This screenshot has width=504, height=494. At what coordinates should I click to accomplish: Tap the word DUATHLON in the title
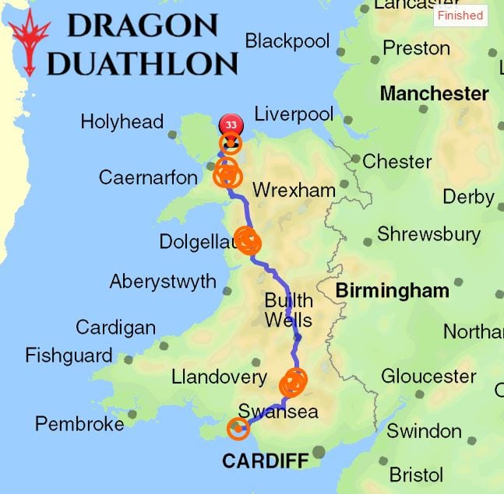point(142,63)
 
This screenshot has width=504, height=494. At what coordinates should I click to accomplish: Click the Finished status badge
point(460,16)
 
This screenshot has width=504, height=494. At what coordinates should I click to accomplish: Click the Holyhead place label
point(122,122)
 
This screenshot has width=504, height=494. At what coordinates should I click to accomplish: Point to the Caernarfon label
point(148,178)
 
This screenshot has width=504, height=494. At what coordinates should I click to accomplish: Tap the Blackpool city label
point(287,41)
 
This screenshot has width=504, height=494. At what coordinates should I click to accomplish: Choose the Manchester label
point(434,94)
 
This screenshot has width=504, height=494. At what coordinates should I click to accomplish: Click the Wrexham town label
point(294,191)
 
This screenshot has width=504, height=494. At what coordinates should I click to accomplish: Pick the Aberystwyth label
point(163,282)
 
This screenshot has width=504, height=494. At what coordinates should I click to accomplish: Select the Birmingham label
point(392,291)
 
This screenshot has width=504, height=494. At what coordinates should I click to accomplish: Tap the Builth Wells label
point(288,310)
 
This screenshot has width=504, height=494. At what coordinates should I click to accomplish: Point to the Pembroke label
point(79,424)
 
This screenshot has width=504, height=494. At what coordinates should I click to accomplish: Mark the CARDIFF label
point(265,461)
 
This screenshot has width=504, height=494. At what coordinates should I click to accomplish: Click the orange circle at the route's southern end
point(238,428)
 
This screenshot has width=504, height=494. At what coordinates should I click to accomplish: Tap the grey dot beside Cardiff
point(319,452)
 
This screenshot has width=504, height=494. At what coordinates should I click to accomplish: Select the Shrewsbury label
point(428,234)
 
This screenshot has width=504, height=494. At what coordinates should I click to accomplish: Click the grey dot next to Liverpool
point(347,120)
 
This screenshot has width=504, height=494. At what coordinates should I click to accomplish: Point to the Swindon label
point(424,431)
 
